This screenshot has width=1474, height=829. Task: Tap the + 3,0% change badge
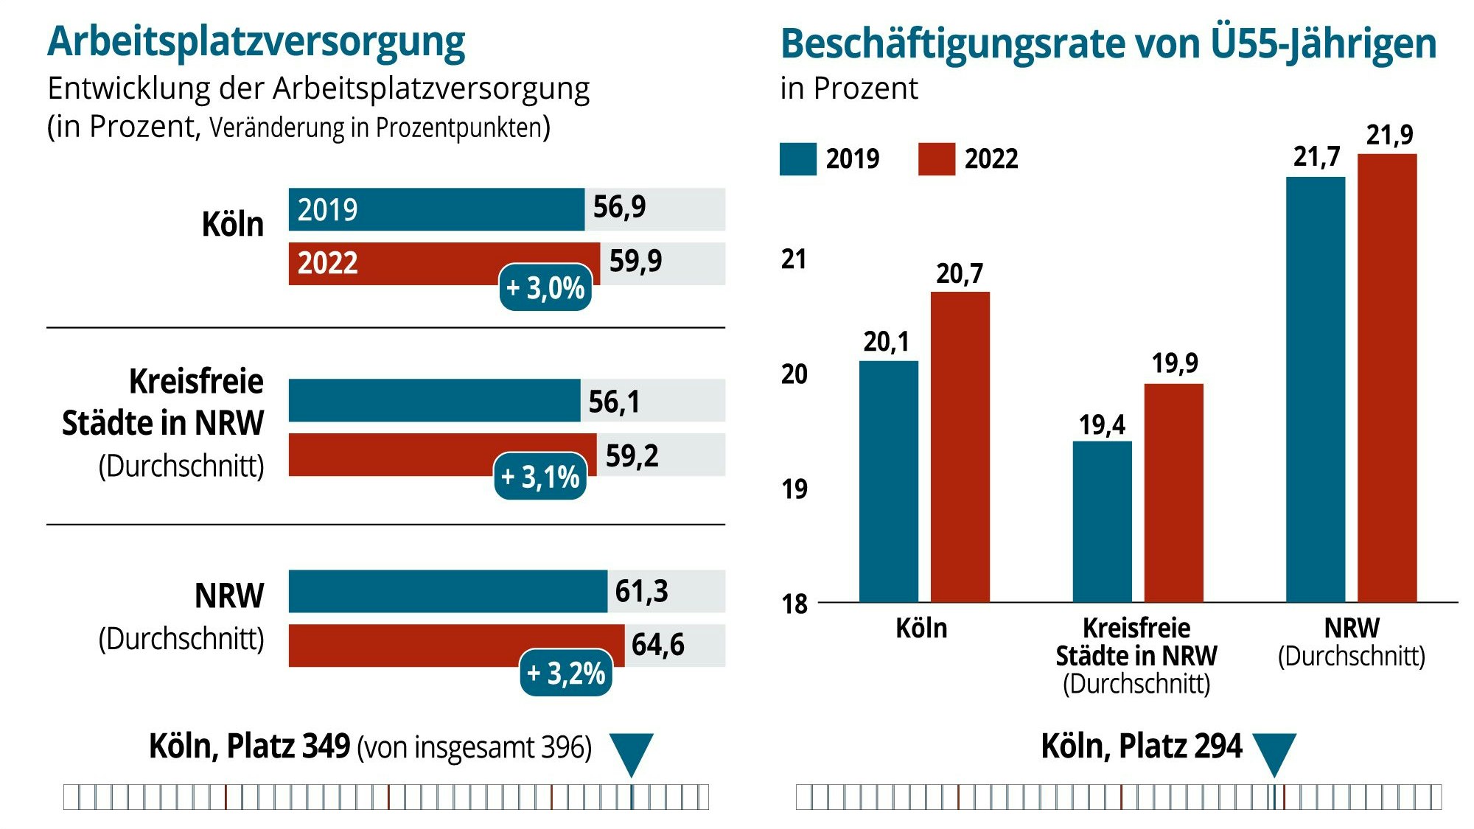[x=545, y=287]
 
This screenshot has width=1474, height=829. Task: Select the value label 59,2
[x=632, y=456]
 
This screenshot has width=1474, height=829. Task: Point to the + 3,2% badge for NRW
[x=566, y=673]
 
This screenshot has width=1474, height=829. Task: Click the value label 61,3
[x=641, y=591]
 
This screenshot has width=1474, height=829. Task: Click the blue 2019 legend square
[x=798, y=159]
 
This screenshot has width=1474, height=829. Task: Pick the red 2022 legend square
[x=937, y=159]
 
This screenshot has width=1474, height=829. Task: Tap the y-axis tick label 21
[x=794, y=259]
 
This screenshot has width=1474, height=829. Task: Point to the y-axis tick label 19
[x=794, y=489]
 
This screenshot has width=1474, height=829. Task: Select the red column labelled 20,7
[x=960, y=447]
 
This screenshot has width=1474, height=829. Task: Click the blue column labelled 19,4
[x=1102, y=521]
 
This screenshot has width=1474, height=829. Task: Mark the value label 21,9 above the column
[x=1389, y=136]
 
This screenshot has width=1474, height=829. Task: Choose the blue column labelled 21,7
[x=1316, y=389]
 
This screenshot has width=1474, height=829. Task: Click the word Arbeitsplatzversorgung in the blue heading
[x=256, y=41]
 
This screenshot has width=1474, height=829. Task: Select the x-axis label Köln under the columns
[x=921, y=629]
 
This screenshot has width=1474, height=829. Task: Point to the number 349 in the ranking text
[x=326, y=746]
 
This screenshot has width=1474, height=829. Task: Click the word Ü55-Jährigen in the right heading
[x=1324, y=43]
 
